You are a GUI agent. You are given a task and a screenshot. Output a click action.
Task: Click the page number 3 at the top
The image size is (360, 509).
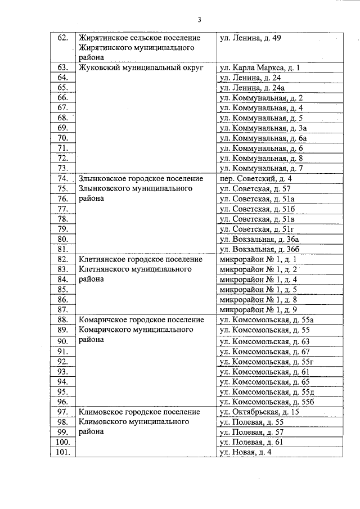(199, 20)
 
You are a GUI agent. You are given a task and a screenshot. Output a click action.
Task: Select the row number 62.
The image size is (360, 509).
(63, 38)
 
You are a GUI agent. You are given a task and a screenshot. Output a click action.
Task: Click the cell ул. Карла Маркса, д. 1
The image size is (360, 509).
(260, 68)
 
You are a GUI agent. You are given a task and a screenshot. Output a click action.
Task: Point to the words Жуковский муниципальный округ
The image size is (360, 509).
(141, 68)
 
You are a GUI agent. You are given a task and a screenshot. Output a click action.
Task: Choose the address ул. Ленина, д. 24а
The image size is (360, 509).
(250, 88)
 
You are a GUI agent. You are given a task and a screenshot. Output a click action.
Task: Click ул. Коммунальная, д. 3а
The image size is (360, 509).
(262, 128)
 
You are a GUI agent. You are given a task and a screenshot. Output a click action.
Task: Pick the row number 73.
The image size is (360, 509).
(63, 168)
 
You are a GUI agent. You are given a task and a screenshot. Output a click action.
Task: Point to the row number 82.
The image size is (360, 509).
(63, 259)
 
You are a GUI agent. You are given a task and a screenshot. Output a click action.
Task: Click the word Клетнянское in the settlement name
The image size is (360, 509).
(103, 259)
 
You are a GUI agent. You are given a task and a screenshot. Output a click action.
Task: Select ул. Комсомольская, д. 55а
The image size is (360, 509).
(266, 320)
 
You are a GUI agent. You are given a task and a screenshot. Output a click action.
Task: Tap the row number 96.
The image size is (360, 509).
(63, 402)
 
